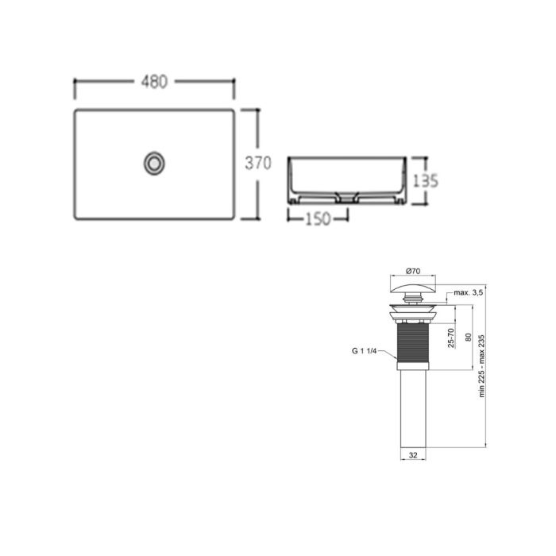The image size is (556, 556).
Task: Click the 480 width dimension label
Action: click(x=155, y=82)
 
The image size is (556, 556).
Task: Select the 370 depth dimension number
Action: click(x=258, y=164)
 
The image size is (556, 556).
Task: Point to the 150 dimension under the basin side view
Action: click(x=318, y=220)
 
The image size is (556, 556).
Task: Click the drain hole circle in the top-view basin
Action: click(x=155, y=163)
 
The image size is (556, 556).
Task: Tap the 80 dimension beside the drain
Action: click(x=468, y=338)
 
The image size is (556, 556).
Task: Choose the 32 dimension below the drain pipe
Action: click(x=412, y=456)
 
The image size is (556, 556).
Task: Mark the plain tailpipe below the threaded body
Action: click(x=412, y=413)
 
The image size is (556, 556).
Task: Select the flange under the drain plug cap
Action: click(x=412, y=307)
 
